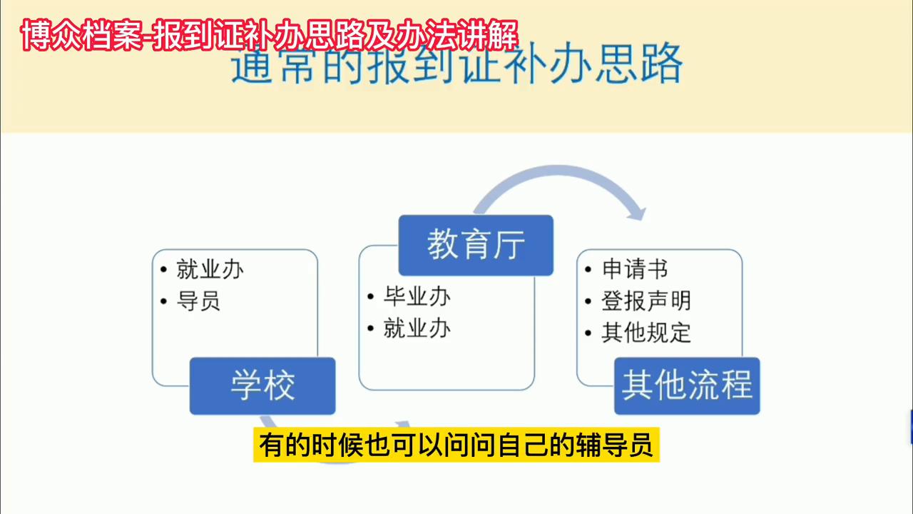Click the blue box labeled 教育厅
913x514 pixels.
[476, 245]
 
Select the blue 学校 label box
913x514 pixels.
[262, 386]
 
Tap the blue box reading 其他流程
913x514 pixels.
[687, 386]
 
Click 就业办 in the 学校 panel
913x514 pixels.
[210, 269]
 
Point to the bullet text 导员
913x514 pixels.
[199, 301]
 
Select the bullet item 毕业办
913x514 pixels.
[417, 296]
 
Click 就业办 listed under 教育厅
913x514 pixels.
[417, 328]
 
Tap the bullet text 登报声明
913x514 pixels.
[646, 301]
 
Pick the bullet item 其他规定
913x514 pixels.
[646, 333]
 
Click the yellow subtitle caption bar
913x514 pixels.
[456, 446]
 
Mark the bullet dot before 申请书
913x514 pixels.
[588, 270]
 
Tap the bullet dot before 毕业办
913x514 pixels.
[370, 297]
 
